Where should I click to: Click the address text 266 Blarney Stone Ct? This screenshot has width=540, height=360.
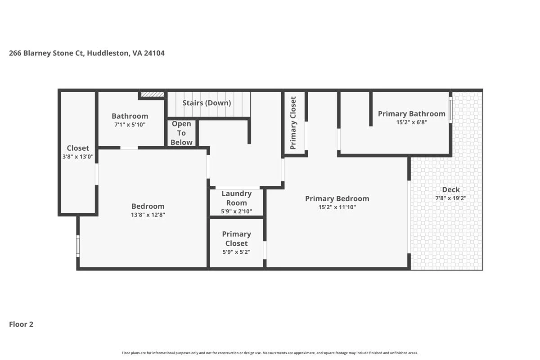pyautogui.click(x=47, y=53)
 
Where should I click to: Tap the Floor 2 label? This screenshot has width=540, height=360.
pyautogui.click(x=21, y=324)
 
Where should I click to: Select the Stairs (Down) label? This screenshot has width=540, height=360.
pyautogui.click(x=207, y=103)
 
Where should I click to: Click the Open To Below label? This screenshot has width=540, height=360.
pyautogui.click(x=181, y=133)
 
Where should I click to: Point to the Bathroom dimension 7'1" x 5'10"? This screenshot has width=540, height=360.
pyautogui.click(x=130, y=125)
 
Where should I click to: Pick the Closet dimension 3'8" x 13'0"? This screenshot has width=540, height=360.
pyautogui.click(x=78, y=157)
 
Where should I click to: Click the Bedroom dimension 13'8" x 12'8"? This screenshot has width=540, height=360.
pyautogui.click(x=148, y=215)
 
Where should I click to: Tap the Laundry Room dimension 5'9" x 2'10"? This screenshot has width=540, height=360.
pyautogui.click(x=237, y=211)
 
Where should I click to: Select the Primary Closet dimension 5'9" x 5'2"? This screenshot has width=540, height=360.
pyautogui.click(x=237, y=252)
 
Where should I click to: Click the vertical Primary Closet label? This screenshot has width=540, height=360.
pyautogui.click(x=293, y=123)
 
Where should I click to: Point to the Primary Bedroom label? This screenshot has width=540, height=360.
pyautogui.click(x=337, y=199)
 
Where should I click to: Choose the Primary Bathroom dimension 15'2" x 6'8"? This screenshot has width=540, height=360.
pyautogui.click(x=412, y=122)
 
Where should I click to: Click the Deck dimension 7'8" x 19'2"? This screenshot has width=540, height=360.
pyautogui.click(x=451, y=198)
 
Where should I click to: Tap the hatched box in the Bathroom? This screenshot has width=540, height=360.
pyautogui.click(x=153, y=94)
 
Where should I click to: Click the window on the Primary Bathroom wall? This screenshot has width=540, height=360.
pyautogui.click(x=450, y=110)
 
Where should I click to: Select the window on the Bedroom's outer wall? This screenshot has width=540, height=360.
pyautogui.click(x=78, y=246)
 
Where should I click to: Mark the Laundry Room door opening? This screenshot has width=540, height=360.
pyautogui.click(x=238, y=188)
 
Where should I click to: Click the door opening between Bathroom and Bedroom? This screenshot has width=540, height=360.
pyautogui.click(x=129, y=148)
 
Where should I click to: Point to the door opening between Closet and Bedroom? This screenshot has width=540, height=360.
pyautogui.click(x=97, y=174)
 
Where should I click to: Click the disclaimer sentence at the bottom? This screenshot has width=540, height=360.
pyautogui.click(x=270, y=353)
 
